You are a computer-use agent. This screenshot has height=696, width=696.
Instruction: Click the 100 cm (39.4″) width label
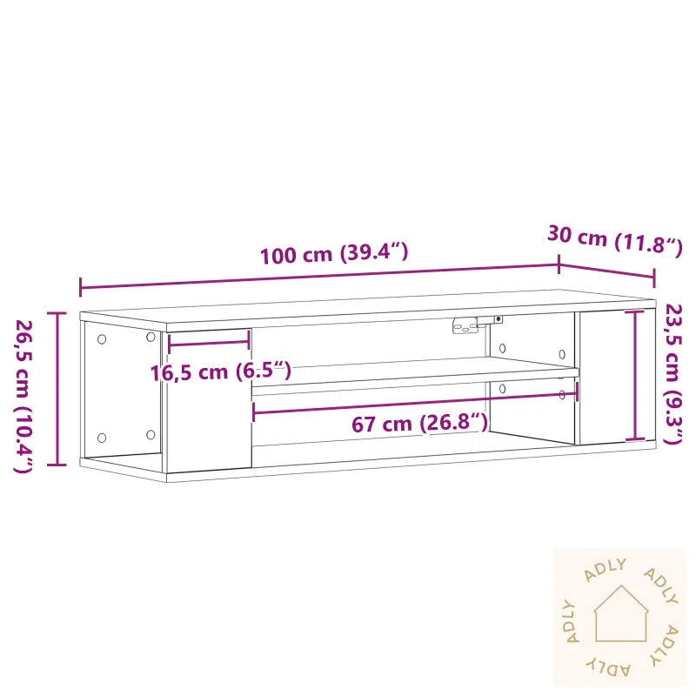[x=333, y=254]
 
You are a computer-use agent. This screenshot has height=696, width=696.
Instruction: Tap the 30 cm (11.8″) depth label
[x=614, y=240]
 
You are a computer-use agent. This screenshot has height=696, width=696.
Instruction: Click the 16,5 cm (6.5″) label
[x=220, y=372]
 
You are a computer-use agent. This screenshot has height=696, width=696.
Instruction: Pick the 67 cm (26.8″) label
[x=419, y=425]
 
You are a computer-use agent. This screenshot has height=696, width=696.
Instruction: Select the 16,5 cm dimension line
[x=209, y=341]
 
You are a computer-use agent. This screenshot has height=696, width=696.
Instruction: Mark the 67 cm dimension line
[x=414, y=401]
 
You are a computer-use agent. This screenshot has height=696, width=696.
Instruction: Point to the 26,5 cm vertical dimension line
[x=58, y=388]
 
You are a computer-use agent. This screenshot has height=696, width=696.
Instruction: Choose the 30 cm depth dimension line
[x=606, y=271]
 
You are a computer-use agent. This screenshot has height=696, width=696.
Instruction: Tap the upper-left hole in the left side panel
[x=102, y=338]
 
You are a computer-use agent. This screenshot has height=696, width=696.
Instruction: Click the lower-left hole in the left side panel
[x=102, y=438]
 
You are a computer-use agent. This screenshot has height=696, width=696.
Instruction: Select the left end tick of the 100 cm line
[x=80, y=287]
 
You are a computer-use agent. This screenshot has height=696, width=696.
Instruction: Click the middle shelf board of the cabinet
[x=414, y=376]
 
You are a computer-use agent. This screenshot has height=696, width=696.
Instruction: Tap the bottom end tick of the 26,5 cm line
[x=58, y=465]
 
